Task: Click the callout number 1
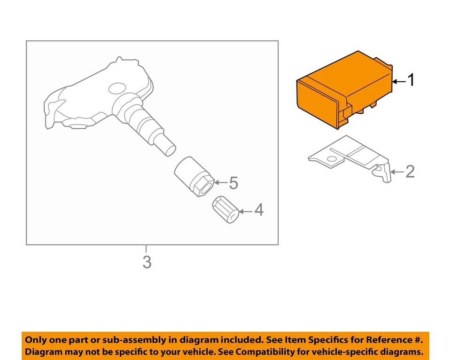click(411, 80)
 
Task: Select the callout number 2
click(410, 172)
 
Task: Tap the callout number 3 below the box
click(147, 262)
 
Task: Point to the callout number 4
click(259, 210)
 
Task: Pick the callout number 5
click(233, 183)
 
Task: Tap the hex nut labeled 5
click(194, 177)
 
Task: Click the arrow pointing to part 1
click(398, 81)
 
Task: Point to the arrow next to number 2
click(397, 172)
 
